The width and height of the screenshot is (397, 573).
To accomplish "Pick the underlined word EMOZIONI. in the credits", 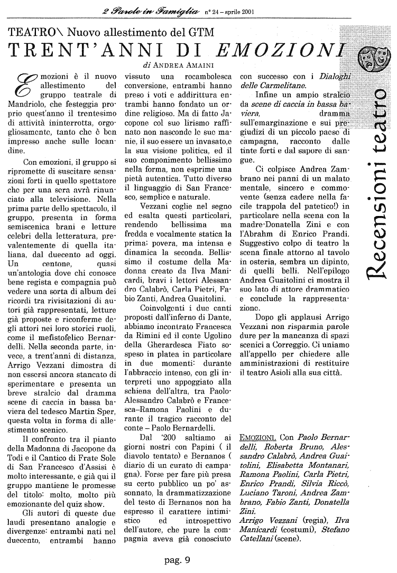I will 258,438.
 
